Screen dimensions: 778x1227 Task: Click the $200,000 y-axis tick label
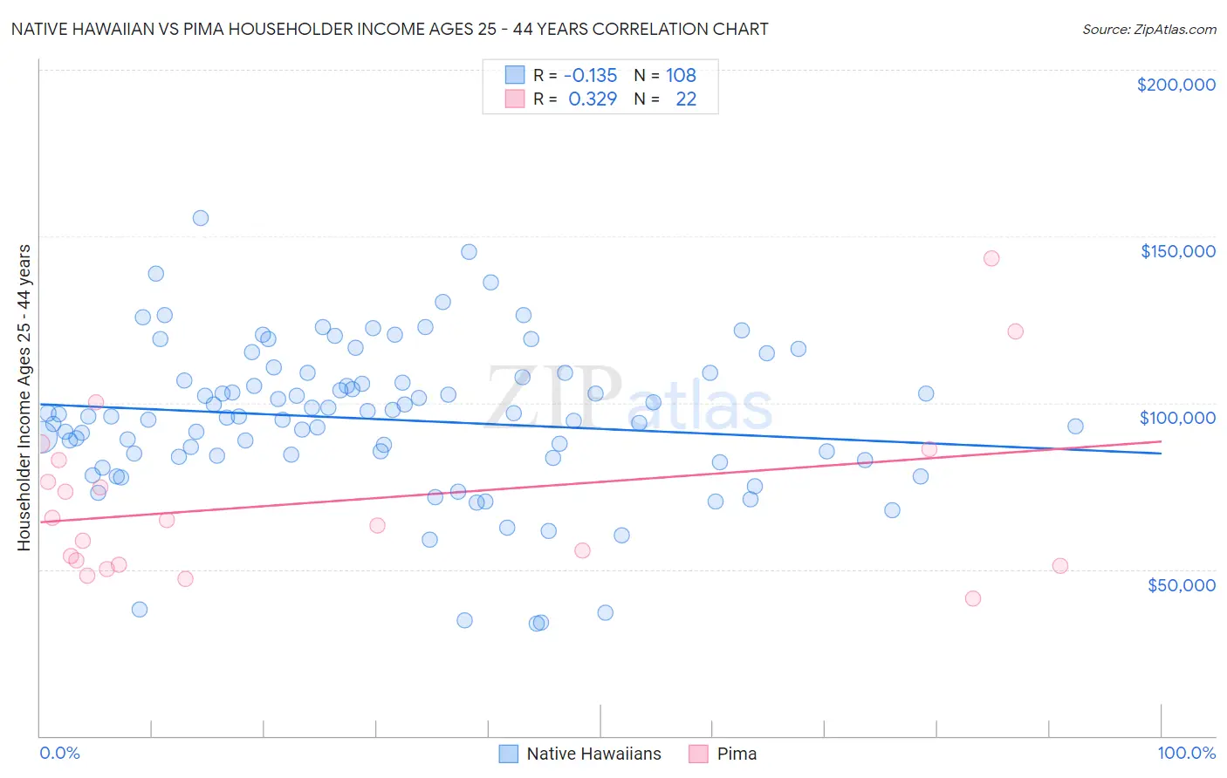1176,85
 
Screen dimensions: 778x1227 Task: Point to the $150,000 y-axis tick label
1177,251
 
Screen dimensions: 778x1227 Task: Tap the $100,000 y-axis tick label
1177,418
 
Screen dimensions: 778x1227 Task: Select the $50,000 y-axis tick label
1181,584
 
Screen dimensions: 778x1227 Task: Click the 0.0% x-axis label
59,753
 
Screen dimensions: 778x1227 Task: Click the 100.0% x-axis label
1186,753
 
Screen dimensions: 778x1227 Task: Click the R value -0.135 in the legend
590,75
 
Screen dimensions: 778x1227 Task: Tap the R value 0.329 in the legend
593,99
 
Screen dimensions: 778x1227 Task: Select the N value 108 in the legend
681,75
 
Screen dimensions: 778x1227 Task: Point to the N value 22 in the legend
686,99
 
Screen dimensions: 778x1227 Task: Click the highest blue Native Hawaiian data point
201,218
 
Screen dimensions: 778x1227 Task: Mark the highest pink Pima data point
991,258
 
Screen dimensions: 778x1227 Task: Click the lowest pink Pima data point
973,598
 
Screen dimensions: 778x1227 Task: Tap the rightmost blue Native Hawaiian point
1075,427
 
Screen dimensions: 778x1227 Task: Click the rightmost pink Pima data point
1060,565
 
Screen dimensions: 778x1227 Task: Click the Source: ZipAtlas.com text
1148,29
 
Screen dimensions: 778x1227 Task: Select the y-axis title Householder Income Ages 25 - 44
24,397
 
